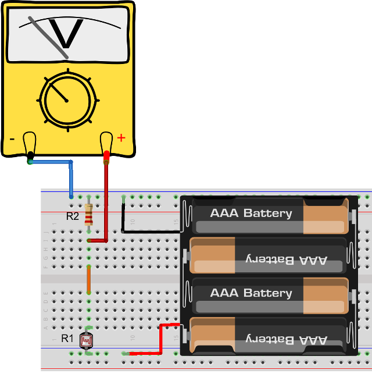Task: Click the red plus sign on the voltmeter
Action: tap(121, 138)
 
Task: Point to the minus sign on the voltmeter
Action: tap(12, 138)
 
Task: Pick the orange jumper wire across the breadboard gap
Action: tap(88, 279)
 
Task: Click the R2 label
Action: tap(72, 216)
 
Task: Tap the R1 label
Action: tap(67, 338)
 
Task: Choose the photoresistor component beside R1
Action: tap(87, 340)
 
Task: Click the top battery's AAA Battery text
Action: tap(251, 213)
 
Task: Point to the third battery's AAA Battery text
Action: tap(251, 293)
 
